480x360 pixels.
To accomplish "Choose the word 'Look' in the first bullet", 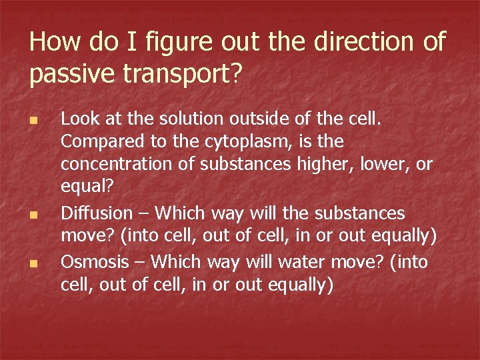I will [77, 119].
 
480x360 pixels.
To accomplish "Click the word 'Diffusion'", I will [97, 213].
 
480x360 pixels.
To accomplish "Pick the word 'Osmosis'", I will [93, 262].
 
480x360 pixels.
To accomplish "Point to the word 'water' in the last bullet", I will [305, 262].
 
